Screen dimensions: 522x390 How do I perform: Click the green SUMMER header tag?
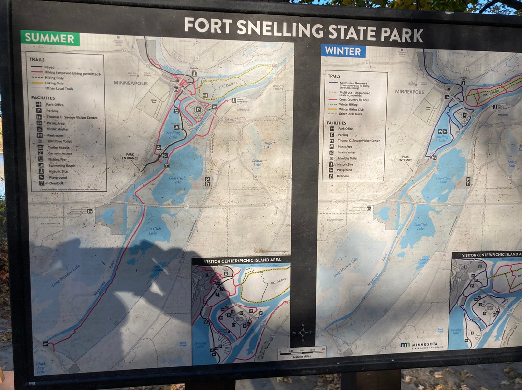tap(50, 38)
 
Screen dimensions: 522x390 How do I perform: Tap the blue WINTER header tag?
tap(343, 51)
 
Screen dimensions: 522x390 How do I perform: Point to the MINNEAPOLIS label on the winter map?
tap(409, 92)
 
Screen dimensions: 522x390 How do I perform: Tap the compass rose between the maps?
tap(303, 332)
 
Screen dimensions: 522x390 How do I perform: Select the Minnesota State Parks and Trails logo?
tap(419, 345)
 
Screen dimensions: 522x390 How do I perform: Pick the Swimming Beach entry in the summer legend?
tap(60, 166)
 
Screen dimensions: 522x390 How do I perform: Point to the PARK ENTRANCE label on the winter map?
tap(405, 158)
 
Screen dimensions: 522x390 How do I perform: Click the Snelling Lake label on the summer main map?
tap(173, 135)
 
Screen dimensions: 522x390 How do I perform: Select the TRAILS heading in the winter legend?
tap(334, 76)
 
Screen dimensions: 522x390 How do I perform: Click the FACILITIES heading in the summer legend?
tap(42, 97)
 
